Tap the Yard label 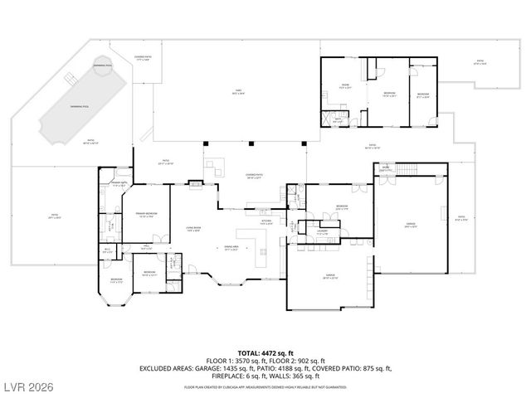click(x=237, y=93)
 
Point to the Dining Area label click(x=232, y=248)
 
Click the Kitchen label click(x=265, y=221)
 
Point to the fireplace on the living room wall click(x=196, y=184)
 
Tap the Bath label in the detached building click(x=338, y=119)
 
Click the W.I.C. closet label click(x=108, y=250)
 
